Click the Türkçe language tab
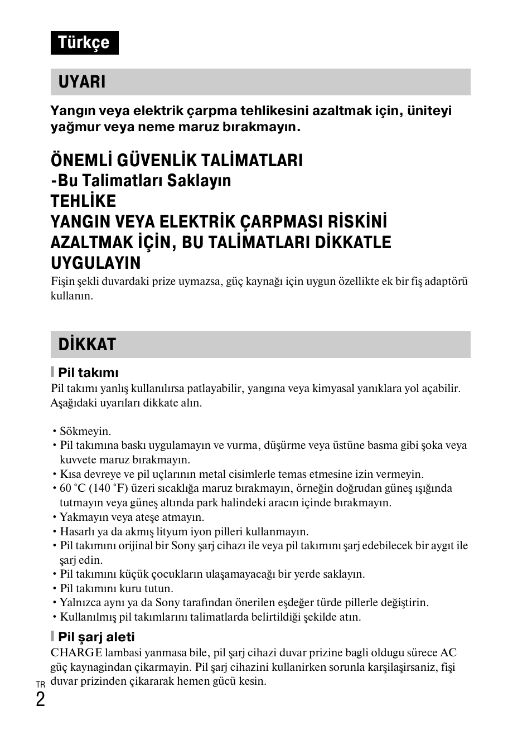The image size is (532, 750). click(x=84, y=43)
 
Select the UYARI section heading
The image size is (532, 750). click(x=82, y=82)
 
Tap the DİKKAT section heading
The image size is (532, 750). click(x=87, y=345)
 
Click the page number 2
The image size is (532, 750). click(x=40, y=699)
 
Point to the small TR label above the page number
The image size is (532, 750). click(x=40, y=684)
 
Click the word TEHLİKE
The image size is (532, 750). click(x=83, y=201)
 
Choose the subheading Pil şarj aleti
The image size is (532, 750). click(x=100, y=637)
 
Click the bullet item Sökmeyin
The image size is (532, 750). click(x=85, y=431)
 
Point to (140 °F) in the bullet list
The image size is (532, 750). click(x=109, y=488)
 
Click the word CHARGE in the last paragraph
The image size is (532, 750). click(x=76, y=652)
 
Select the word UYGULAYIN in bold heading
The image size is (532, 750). click(x=95, y=263)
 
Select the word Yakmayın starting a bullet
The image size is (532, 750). click(x=82, y=517)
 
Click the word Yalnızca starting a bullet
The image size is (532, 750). click(x=81, y=602)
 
